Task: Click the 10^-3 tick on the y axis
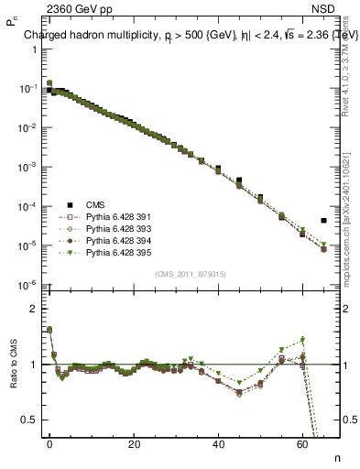click(28, 168)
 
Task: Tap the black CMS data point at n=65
click(324, 221)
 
